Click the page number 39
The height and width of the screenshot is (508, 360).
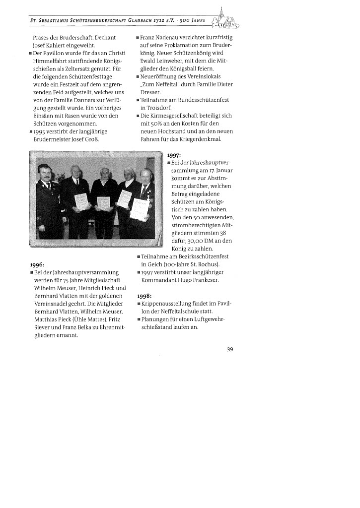tap(230, 349)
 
